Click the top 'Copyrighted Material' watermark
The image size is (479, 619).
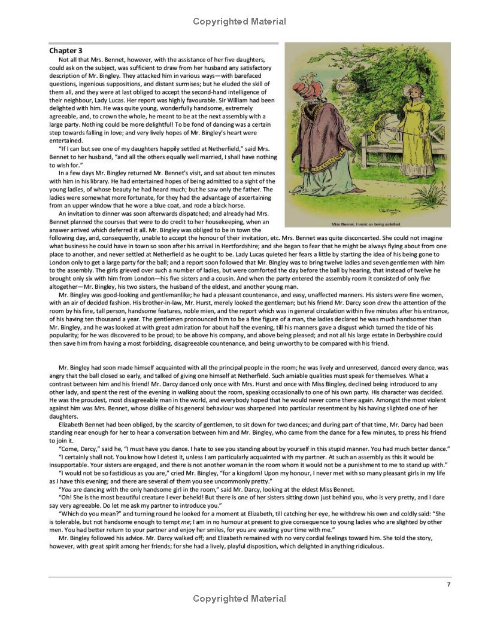pos(239,22)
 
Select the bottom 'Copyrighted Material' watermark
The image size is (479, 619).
pos(239,598)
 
